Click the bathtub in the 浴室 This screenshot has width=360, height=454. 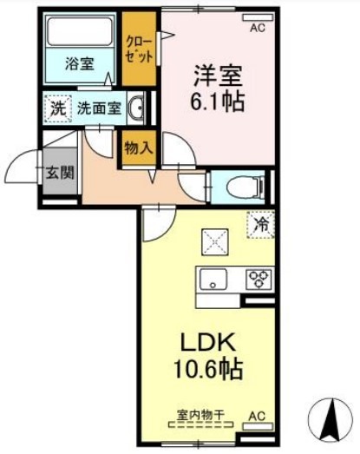coord(80,31)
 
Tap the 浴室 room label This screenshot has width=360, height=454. coord(80,63)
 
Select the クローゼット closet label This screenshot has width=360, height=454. coord(139,49)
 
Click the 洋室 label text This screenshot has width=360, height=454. coord(218,76)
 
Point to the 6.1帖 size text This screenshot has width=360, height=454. coord(218,102)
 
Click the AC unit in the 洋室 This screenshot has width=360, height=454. coord(258,17)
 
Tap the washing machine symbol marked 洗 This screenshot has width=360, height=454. coord(57,109)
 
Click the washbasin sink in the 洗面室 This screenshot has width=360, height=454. coord(136,109)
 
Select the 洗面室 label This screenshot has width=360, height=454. coord(99,109)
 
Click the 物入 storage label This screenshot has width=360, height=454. coord(138,148)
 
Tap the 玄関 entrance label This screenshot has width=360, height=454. coord(60,173)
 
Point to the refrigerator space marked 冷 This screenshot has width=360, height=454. coord(261,225)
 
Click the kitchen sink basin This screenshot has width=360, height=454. coord(213,279)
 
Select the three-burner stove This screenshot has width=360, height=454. coord(259,280)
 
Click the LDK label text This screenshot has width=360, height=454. coord(207,343)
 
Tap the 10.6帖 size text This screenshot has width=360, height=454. coord(207,369)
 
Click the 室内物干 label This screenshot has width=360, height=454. coord(201,415)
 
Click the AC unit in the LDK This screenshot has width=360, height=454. coord(258,427)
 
